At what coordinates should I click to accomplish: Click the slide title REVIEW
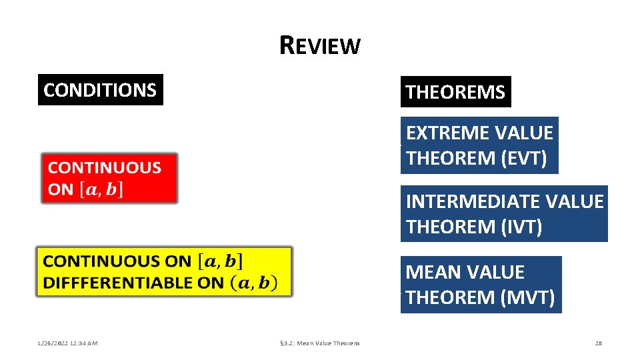tap(320, 45)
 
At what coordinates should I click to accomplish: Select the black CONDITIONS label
tap(100, 90)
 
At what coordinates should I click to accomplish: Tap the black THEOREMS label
tap(455, 92)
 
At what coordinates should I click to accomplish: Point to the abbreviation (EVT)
tap(524, 159)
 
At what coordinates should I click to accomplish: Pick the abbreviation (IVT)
tap(521, 227)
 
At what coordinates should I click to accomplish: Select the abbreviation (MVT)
tap(527, 297)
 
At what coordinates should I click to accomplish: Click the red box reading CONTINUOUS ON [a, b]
tap(110, 178)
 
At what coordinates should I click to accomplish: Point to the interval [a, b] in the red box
tap(101, 189)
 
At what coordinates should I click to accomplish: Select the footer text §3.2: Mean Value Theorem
tap(319, 343)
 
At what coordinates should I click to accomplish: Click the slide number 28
tap(598, 343)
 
